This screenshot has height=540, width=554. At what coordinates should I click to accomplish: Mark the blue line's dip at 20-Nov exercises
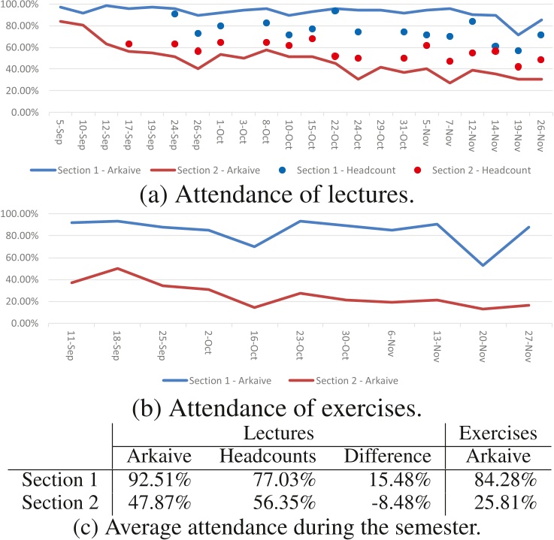(x=483, y=265)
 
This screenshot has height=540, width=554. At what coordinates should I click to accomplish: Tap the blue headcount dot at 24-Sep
(x=174, y=14)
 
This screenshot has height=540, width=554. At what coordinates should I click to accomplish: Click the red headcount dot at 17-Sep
(x=129, y=44)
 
